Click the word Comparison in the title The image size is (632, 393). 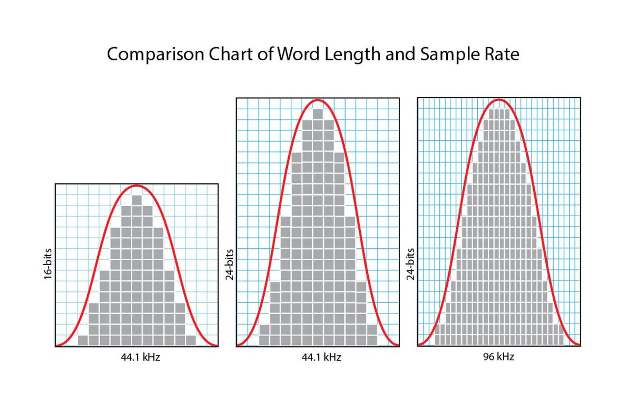[155, 54]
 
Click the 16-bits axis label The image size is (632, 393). [48, 264]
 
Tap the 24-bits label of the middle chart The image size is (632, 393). [229, 265]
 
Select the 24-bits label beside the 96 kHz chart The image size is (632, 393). [410, 264]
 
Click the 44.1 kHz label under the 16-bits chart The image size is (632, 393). [140, 357]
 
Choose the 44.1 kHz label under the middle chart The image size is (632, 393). [321, 357]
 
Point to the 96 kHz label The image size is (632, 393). [498, 357]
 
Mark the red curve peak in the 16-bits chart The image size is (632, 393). [137, 186]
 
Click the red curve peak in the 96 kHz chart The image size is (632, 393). [499, 99]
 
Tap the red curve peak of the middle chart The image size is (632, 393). [318, 100]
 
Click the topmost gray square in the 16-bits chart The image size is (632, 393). [137, 200]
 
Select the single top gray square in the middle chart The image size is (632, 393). [318, 114]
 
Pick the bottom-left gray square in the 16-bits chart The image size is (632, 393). [83, 340]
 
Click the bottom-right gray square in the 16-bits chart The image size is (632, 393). [191, 340]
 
